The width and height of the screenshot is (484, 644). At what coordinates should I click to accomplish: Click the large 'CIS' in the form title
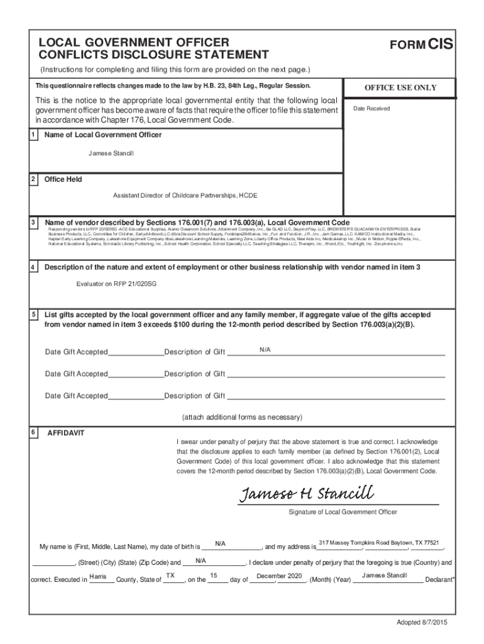coord(441,44)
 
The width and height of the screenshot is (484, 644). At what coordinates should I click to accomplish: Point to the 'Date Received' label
coord(371,109)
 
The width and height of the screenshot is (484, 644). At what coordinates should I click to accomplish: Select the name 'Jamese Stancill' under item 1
coord(111,153)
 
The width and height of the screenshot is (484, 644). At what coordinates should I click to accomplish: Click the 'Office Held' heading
coord(63,180)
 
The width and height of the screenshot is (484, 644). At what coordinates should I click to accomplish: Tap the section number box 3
coord(33,223)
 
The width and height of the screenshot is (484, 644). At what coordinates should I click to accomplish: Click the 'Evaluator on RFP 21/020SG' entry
coord(116,284)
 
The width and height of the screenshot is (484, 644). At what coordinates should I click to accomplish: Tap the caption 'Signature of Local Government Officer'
coord(343,512)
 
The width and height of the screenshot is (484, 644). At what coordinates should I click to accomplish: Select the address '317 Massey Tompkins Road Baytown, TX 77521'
coord(378,542)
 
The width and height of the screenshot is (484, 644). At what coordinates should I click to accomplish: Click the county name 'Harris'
coord(97,576)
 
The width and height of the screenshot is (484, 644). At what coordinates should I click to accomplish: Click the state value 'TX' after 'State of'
coord(170,576)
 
